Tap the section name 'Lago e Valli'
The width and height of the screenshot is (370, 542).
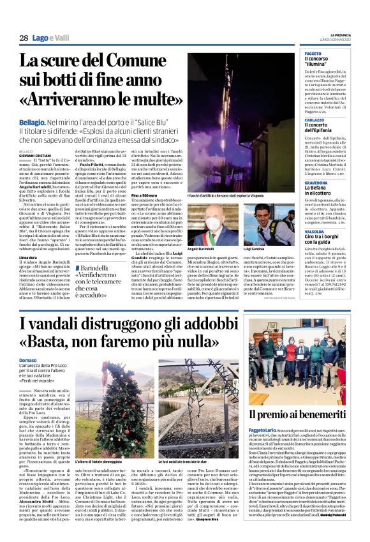[x=51, y=38]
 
